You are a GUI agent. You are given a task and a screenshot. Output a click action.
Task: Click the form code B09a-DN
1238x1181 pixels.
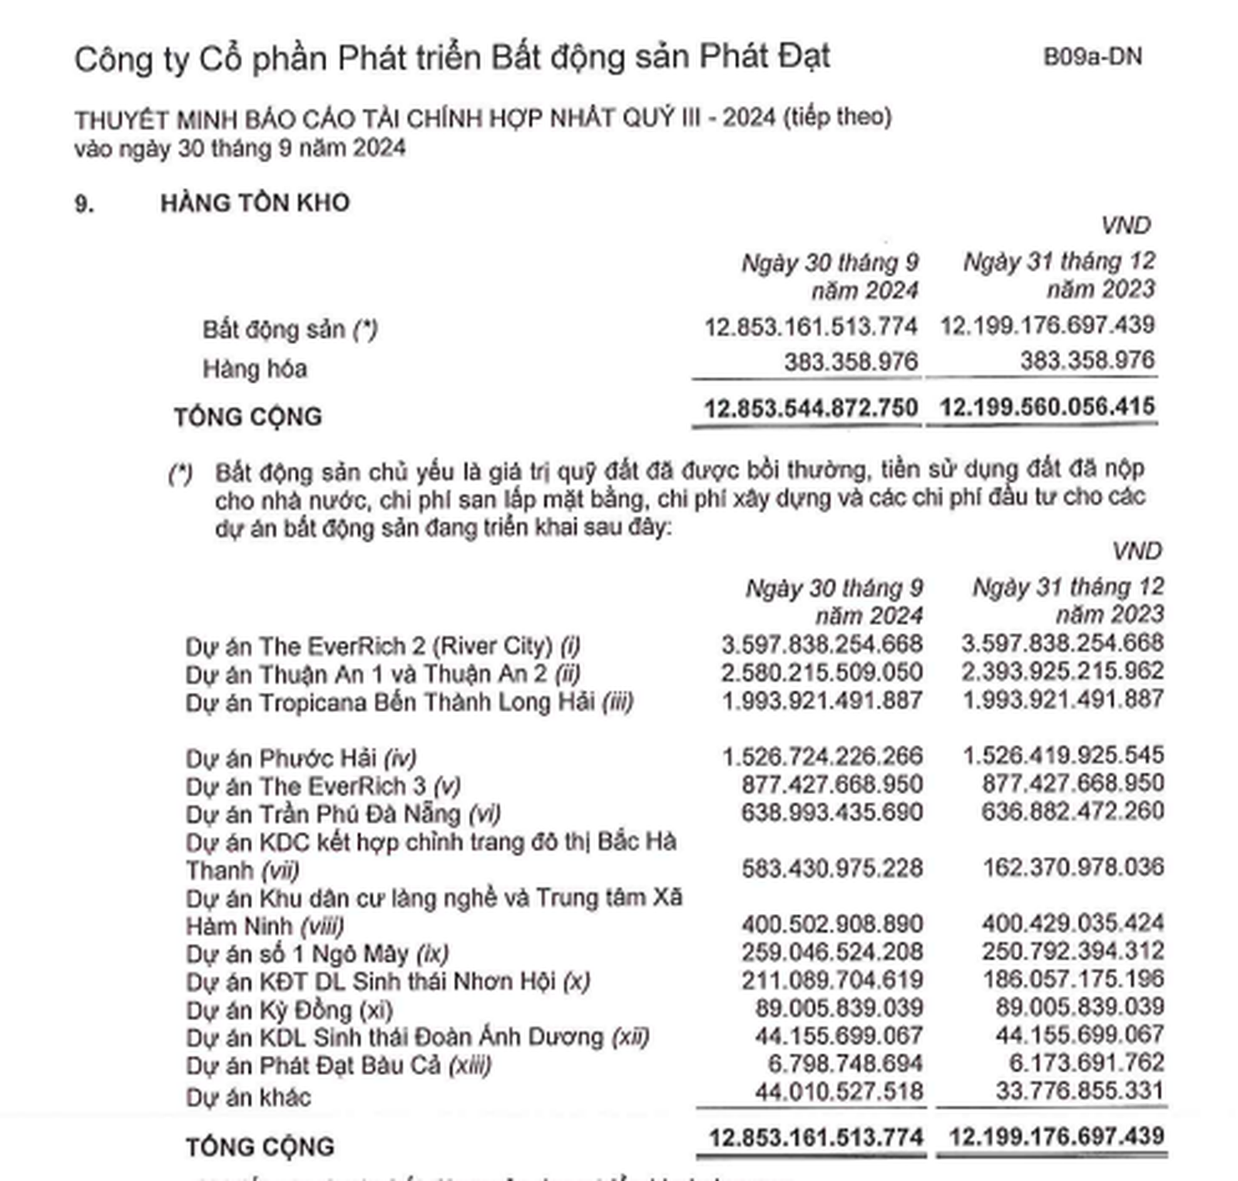[1092, 56]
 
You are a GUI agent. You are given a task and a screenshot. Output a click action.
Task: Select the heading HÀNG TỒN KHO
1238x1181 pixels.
[255, 203]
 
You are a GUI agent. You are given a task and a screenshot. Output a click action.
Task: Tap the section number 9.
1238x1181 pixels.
[84, 204]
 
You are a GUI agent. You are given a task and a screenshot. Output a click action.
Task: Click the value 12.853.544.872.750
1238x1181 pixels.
[810, 407]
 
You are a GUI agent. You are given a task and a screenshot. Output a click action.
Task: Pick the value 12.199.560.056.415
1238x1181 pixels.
[1048, 406]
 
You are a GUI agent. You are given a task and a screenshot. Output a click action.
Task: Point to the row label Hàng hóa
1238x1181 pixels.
[255, 368]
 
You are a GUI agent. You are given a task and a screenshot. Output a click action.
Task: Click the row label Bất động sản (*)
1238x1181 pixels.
[289, 329]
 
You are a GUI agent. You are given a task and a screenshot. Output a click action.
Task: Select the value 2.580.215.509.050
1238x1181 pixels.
[822, 672]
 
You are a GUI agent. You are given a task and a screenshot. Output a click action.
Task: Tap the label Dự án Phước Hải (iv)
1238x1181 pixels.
[301, 758]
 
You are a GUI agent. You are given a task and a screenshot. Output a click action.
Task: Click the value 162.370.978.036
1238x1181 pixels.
[1072, 867]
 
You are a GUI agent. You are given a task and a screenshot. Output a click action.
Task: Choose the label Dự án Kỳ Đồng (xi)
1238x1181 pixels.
[289, 1010]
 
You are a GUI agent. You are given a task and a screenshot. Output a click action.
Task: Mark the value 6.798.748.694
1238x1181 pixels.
[845, 1063]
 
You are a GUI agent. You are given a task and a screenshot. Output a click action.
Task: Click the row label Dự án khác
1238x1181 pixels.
[248, 1097]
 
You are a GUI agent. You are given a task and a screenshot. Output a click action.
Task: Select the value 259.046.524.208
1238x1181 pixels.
[832, 951]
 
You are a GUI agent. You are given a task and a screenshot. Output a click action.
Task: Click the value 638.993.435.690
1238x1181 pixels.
[832, 812]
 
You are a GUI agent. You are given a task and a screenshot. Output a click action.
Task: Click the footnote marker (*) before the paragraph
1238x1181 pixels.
[180, 473]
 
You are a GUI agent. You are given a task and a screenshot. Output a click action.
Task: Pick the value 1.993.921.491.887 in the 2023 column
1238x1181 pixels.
[1062, 699]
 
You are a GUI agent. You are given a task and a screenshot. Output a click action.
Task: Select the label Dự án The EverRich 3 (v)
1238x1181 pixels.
[323, 786]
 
